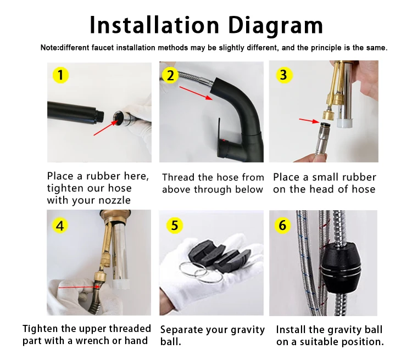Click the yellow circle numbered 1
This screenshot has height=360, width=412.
tap(60, 75)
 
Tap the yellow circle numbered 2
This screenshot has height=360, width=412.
tap(170, 75)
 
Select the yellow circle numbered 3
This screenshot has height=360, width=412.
tap(283, 75)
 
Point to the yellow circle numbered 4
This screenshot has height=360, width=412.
tap(60, 226)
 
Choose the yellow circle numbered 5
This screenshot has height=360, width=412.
tap(175, 226)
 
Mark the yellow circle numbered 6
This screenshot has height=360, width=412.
tap(282, 226)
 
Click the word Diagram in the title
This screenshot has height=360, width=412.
tap(275, 26)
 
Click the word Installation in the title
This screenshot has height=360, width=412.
tap(154, 25)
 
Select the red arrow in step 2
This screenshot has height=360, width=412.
tap(196, 93)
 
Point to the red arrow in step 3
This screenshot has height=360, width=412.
tap(309, 121)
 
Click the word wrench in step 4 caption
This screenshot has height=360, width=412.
tap(92, 341)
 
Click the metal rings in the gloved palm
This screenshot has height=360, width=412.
tap(200, 272)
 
